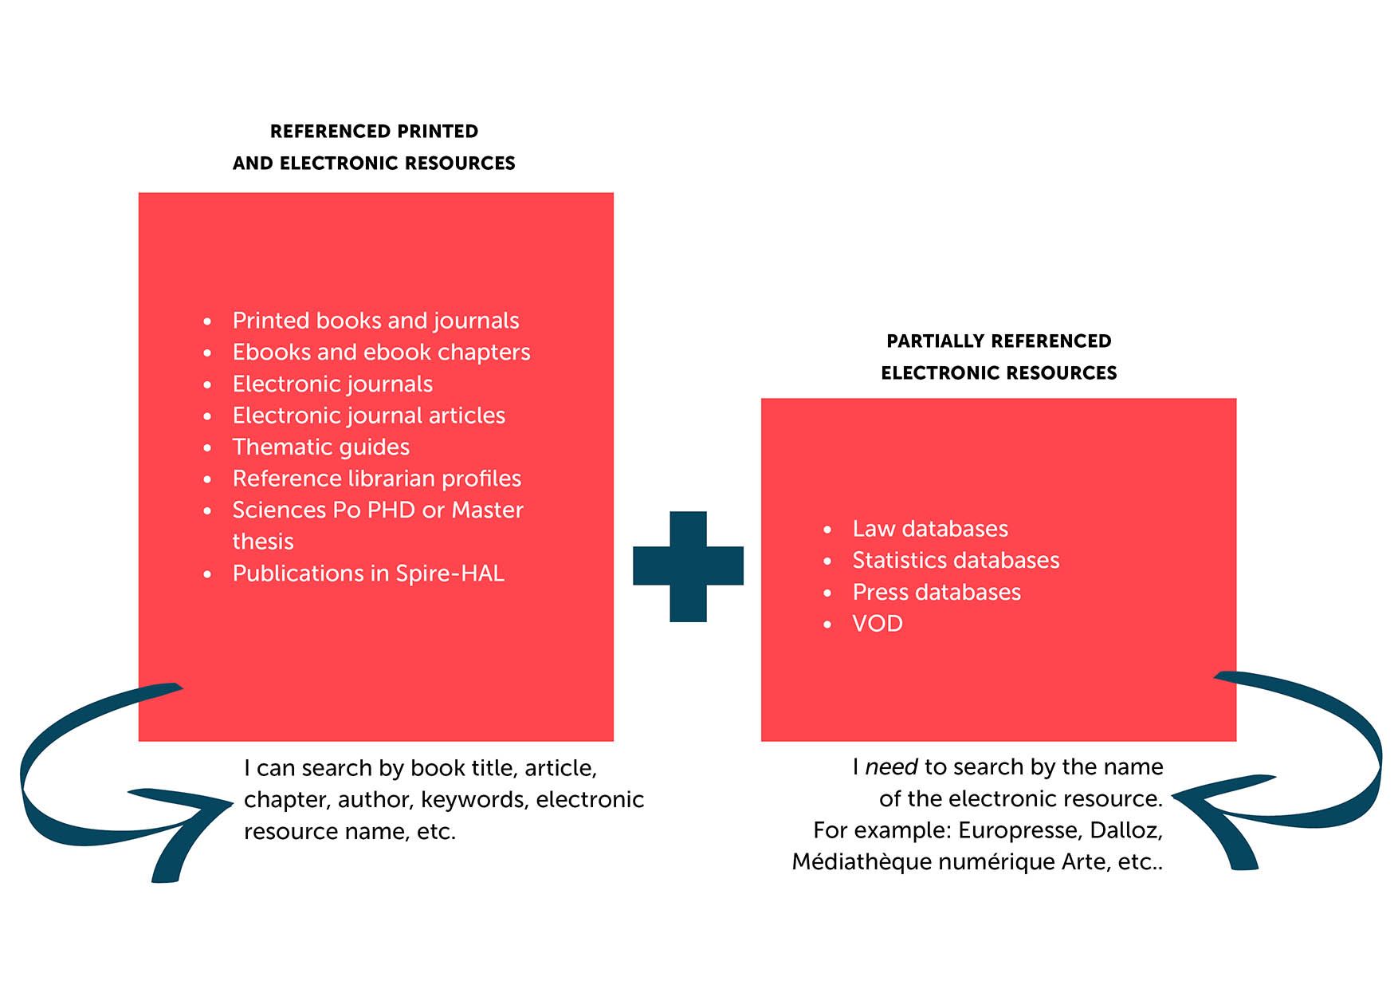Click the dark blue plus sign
688,566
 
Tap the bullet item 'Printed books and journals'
375,321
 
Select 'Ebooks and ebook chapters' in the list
381,353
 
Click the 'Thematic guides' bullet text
320,447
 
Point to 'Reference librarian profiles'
376,479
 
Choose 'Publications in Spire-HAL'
368,573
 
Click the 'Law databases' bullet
930,529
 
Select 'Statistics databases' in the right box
956,561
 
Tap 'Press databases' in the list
937,593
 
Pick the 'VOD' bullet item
878,624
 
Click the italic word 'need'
891,767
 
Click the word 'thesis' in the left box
263,542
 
